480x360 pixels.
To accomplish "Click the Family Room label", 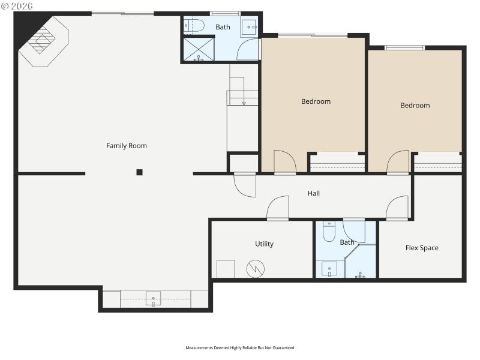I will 127,146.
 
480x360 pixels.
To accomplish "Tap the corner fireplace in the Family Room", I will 44,41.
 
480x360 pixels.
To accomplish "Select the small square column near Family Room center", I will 139,172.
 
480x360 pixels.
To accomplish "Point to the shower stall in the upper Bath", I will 199,49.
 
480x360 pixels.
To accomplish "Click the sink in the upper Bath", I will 249,26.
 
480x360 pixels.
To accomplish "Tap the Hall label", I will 314,194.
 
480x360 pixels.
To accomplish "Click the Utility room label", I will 264,244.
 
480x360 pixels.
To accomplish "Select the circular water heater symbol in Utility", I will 256,269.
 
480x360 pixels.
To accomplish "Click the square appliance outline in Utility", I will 226,269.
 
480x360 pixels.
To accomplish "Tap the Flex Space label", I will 422,248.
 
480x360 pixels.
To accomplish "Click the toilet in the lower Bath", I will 329,231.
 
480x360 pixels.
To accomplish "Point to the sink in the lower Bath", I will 329,269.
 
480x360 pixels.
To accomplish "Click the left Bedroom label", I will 316,101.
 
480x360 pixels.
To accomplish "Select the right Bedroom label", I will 415,106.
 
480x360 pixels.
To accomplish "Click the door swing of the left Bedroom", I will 284,161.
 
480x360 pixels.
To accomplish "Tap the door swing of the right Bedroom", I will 397,161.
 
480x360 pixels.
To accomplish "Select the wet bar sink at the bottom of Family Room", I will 154,298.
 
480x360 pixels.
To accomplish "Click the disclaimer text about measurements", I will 240,347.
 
